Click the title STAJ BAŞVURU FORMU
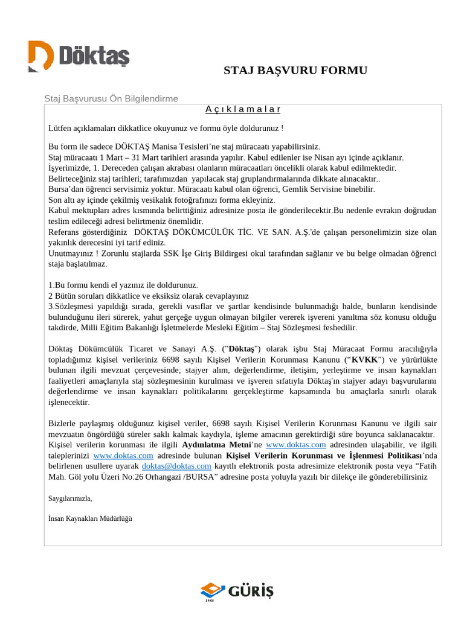295,71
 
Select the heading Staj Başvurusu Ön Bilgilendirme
111,98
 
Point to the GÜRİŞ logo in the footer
237,591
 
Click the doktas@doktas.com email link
176,467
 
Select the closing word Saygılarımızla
70,499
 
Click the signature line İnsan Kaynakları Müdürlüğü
90,518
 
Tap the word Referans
65,232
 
